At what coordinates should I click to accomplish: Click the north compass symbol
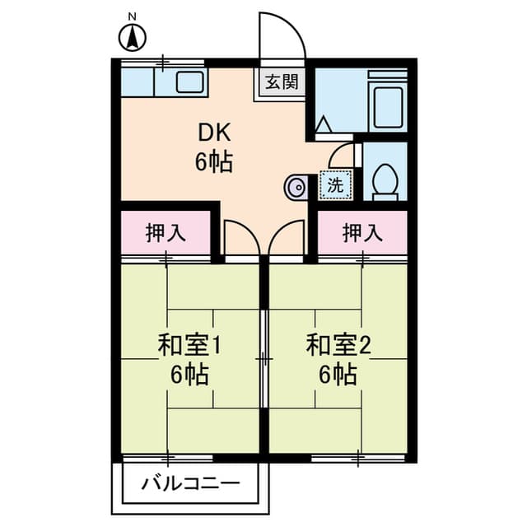click(132, 38)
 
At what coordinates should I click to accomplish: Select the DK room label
click(214, 133)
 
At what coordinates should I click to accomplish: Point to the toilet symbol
click(385, 180)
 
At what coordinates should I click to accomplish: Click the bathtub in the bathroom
click(386, 102)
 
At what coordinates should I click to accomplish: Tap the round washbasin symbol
click(296, 187)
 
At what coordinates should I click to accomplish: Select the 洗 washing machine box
click(336, 185)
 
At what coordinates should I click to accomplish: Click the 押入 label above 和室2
click(362, 233)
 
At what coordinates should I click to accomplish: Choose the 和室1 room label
click(191, 344)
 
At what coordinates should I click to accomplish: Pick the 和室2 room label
click(339, 344)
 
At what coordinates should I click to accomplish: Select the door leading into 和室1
click(240, 239)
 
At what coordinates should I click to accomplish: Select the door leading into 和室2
click(287, 239)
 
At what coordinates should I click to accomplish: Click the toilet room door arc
click(346, 155)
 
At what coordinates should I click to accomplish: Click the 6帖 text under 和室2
click(339, 375)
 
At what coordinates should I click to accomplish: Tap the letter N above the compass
click(132, 15)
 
